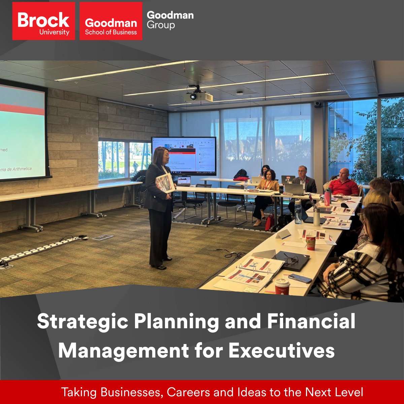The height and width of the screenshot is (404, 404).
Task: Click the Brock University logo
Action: coord(43,21)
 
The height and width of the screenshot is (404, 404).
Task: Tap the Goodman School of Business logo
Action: coord(111,21)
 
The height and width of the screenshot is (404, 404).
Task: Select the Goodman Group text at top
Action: coord(170,20)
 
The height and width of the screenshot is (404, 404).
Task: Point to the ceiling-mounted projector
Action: coord(198,96)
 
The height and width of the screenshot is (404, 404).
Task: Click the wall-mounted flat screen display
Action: coord(183,156)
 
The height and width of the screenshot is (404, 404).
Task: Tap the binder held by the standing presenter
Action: coord(165,183)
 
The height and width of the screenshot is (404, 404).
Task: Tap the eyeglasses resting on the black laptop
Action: coord(291,259)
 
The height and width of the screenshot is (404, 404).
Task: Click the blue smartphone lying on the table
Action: coord(300,278)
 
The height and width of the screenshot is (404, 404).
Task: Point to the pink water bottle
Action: coord(327,197)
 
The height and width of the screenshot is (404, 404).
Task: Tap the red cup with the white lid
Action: coord(282,286)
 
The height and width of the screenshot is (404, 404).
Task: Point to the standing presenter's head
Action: coord(161,155)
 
